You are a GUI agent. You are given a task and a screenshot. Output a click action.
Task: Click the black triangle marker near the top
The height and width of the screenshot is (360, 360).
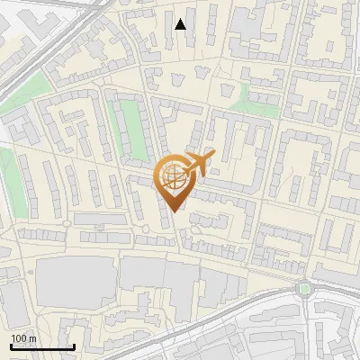181,24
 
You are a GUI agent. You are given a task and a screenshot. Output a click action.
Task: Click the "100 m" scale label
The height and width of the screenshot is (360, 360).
23,338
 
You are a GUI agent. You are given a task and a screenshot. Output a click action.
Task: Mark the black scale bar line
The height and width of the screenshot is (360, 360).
41,346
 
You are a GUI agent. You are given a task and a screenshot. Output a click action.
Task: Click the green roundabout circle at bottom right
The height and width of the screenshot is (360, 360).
303,289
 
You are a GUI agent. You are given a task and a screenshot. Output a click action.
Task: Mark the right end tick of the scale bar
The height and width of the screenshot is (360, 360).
74,346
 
